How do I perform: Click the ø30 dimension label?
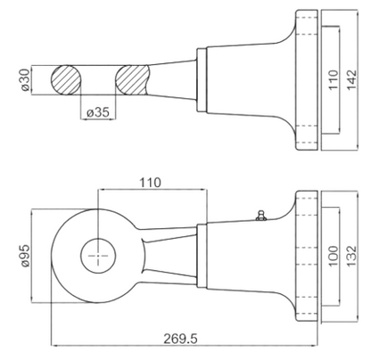[x=26, y=79]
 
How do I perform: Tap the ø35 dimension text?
[x=98, y=112]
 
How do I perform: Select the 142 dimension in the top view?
[x=351, y=79]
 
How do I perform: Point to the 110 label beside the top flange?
[x=334, y=79]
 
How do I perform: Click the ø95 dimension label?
[x=25, y=256]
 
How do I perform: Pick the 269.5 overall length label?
[x=180, y=339]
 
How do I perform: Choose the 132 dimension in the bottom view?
[x=351, y=256]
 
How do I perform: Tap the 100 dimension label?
[x=334, y=256]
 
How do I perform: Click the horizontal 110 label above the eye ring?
[x=151, y=183]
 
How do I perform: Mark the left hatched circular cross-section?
[x=66, y=80]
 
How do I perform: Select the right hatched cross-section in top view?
[x=132, y=80]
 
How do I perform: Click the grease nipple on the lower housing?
[x=261, y=216]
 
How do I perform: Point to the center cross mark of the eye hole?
[x=98, y=256]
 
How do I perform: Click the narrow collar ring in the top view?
[x=202, y=80]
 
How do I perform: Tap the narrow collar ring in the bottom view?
[x=202, y=256]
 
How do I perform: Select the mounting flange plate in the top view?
[x=307, y=80]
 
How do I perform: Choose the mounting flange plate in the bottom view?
[x=307, y=256]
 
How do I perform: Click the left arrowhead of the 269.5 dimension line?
[x=53, y=346]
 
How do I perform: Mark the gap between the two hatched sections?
[x=98, y=80]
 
